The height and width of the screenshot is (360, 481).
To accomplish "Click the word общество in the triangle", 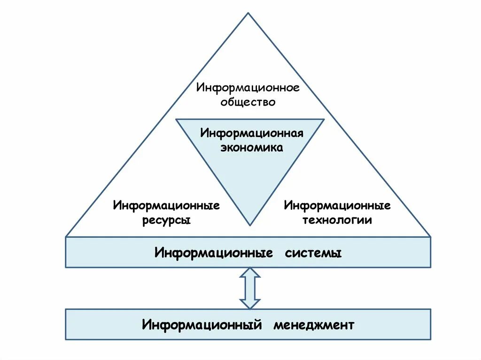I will tap(248, 101).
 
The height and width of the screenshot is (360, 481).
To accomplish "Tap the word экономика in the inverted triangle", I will tap(252, 147).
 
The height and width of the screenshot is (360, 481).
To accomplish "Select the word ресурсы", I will tap(166, 220).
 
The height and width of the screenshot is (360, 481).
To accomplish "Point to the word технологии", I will tap(337, 220).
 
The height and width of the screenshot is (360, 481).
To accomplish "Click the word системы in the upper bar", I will tap(313, 253).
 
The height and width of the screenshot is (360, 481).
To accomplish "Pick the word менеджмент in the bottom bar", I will tap(313, 325).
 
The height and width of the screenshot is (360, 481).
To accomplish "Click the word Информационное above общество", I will tap(248, 88).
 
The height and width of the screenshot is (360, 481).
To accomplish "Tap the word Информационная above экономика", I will tap(252, 133).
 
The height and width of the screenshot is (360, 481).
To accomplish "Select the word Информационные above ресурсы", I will tap(166, 206).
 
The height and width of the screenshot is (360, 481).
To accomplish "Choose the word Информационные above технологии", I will tap(337, 206).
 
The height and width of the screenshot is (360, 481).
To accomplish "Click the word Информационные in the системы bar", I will tap(214, 253).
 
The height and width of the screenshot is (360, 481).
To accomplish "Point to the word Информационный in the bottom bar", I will tap(202, 325).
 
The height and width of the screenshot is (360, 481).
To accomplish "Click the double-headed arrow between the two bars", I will tap(249, 288).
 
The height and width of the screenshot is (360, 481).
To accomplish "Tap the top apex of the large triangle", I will tap(248, 14).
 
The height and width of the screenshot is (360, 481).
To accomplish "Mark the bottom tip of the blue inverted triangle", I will tap(250, 224).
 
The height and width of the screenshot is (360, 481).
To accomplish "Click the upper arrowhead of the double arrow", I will tap(249, 273).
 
